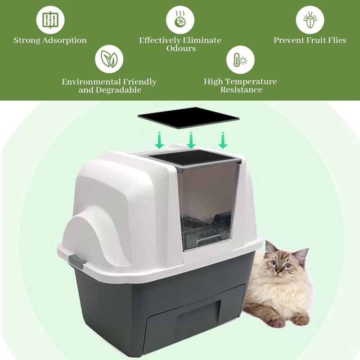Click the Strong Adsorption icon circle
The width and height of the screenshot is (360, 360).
[50, 20]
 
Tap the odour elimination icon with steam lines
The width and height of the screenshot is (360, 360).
[180, 20]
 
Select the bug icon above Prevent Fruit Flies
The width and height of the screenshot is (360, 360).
[310, 20]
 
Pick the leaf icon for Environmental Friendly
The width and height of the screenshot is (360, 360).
[109, 59]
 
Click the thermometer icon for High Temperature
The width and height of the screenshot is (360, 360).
[240, 60]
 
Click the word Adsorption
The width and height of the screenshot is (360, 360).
[64, 40]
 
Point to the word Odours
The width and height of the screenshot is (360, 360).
[181, 49]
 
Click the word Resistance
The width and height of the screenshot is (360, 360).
[241, 90]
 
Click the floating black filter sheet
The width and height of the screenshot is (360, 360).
[189, 118]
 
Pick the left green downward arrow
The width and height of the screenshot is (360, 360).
[159, 140]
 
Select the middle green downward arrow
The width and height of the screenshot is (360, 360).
[191, 140]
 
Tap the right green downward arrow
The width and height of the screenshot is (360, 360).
[223, 140]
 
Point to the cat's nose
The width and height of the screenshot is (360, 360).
[279, 269]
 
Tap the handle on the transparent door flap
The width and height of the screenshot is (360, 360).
[208, 241]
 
